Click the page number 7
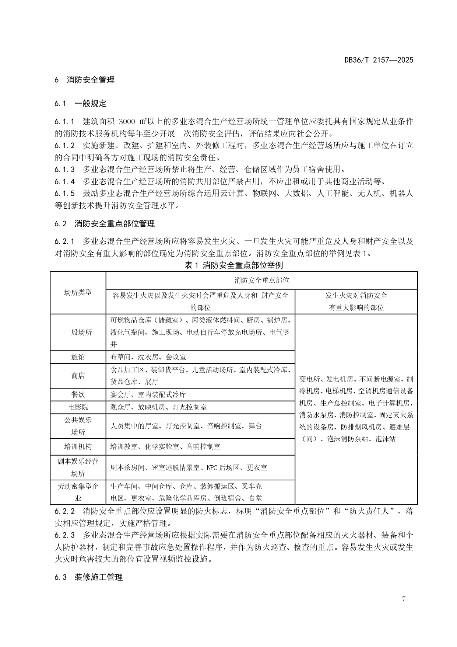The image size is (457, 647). (x=404, y=599)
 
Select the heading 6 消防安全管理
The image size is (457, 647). (x=85, y=80)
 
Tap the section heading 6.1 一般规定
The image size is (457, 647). (x=80, y=104)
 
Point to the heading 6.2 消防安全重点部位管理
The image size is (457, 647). (x=105, y=223)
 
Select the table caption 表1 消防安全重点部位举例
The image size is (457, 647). (x=233, y=265)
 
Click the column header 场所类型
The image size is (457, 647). (x=78, y=293)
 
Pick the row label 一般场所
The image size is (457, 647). (x=78, y=332)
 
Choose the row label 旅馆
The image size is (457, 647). (x=78, y=357)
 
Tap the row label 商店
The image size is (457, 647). (x=78, y=376)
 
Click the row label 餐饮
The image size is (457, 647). (x=78, y=394)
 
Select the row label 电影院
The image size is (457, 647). (x=78, y=407)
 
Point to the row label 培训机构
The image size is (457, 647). (x=78, y=446)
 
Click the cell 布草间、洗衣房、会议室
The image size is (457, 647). (x=148, y=357)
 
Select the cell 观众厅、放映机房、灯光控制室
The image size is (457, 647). (x=159, y=407)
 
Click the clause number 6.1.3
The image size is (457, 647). (x=65, y=170)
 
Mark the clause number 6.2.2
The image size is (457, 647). (x=65, y=511)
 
